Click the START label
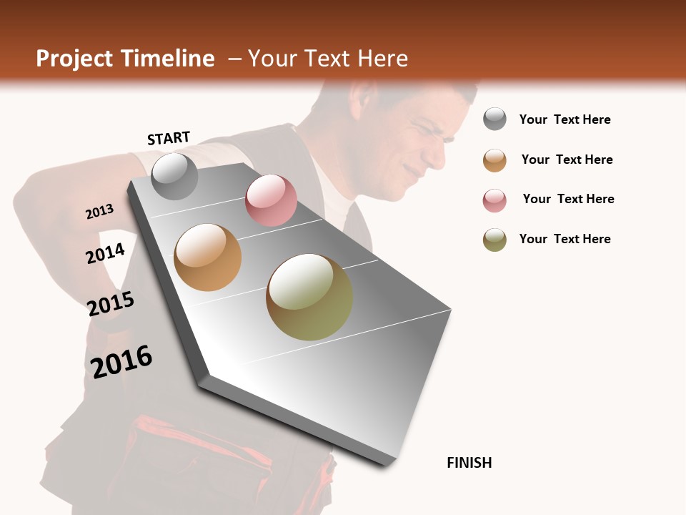tap(169, 138)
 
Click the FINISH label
tap(469, 463)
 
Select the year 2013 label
tap(99, 212)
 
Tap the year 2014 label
tap(105, 253)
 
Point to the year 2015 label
tap(111, 304)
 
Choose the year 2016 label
tap(121, 361)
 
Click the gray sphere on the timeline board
tap(174, 177)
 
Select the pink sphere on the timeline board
tap(271, 200)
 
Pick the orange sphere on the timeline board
tap(208, 257)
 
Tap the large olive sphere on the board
tap(309, 297)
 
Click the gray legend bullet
tap(494, 119)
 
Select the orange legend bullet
tap(494, 160)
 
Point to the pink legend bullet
tap(494, 200)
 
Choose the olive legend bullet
tap(494, 240)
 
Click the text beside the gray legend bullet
tap(565, 119)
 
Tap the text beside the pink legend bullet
tap(568, 199)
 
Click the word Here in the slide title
tap(382, 59)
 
